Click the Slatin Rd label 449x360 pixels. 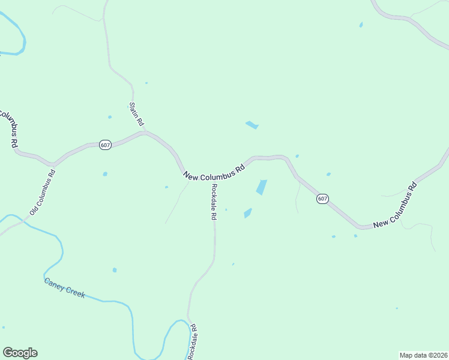click(x=137, y=113)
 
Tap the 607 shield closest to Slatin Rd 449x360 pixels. click(x=106, y=145)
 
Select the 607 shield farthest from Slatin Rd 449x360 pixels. click(x=322, y=199)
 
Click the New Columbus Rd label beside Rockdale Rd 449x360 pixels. click(x=215, y=172)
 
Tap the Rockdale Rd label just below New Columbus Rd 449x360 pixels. click(x=213, y=202)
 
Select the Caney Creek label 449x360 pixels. click(x=64, y=288)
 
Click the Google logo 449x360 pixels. click(x=20, y=353)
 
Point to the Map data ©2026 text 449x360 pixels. click(x=424, y=355)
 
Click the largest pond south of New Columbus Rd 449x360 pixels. click(x=262, y=187)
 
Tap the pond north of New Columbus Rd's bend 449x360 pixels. click(x=252, y=125)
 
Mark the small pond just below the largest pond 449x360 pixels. click(x=248, y=213)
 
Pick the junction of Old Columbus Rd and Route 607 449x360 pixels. click(x=53, y=164)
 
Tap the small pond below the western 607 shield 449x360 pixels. click(x=105, y=174)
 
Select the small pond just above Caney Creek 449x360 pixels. click(x=115, y=270)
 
